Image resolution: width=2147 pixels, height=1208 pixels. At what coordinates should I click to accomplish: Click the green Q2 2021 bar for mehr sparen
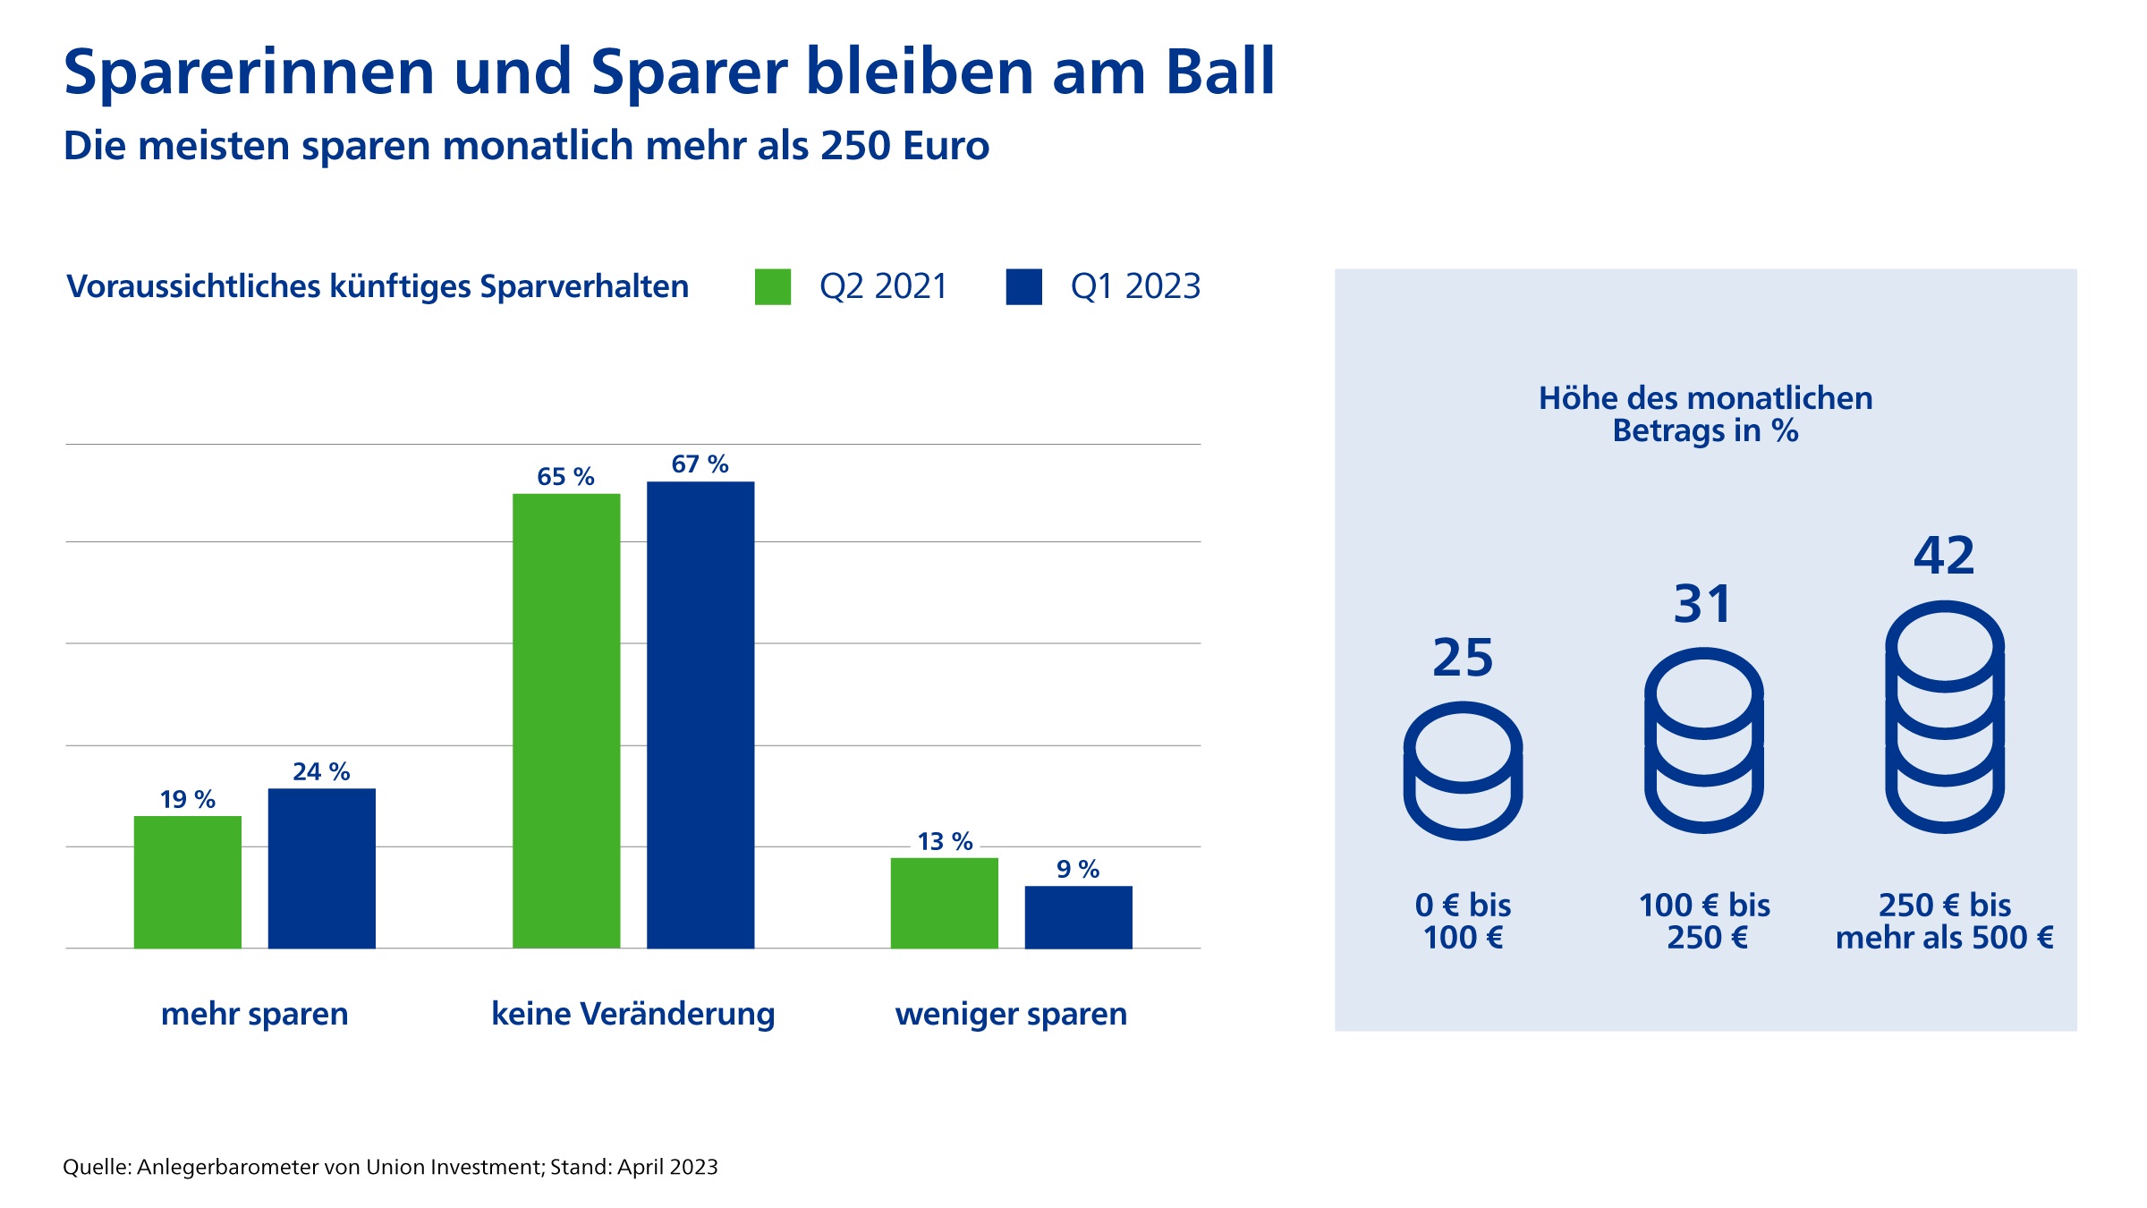click(188, 881)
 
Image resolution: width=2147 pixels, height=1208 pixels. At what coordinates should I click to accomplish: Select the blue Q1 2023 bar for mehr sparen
click(322, 868)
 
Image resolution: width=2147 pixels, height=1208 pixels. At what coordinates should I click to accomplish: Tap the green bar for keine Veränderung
click(566, 720)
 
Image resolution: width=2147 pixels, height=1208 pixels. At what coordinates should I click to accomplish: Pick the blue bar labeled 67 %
click(700, 714)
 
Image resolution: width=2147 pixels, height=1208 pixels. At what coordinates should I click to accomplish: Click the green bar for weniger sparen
click(944, 903)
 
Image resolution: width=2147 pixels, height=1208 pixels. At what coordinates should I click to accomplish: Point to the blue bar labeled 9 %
click(1078, 916)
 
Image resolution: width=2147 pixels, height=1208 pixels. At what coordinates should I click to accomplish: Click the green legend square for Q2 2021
click(773, 287)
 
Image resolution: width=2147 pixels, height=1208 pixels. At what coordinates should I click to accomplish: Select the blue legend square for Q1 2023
click(1023, 287)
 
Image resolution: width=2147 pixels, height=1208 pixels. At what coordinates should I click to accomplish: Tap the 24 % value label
click(321, 771)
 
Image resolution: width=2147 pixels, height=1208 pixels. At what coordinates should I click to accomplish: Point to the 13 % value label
click(945, 841)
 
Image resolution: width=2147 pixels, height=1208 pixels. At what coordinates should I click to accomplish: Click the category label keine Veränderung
click(633, 1014)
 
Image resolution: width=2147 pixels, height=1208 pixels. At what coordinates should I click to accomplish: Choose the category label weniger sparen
click(1011, 1014)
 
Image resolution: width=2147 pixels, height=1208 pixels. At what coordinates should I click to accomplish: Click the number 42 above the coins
click(1944, 556)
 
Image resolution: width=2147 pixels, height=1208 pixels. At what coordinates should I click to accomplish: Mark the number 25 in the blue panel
click(1463, 658)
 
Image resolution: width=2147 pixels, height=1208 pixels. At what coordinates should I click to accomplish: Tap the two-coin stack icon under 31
click(1704, 740)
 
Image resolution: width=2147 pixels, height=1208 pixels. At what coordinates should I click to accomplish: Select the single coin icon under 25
click(1463, 770)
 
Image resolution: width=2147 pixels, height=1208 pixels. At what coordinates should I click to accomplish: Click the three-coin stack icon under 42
click(1945, 717)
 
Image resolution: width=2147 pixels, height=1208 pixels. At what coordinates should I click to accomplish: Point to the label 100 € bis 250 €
click(1704, 921)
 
